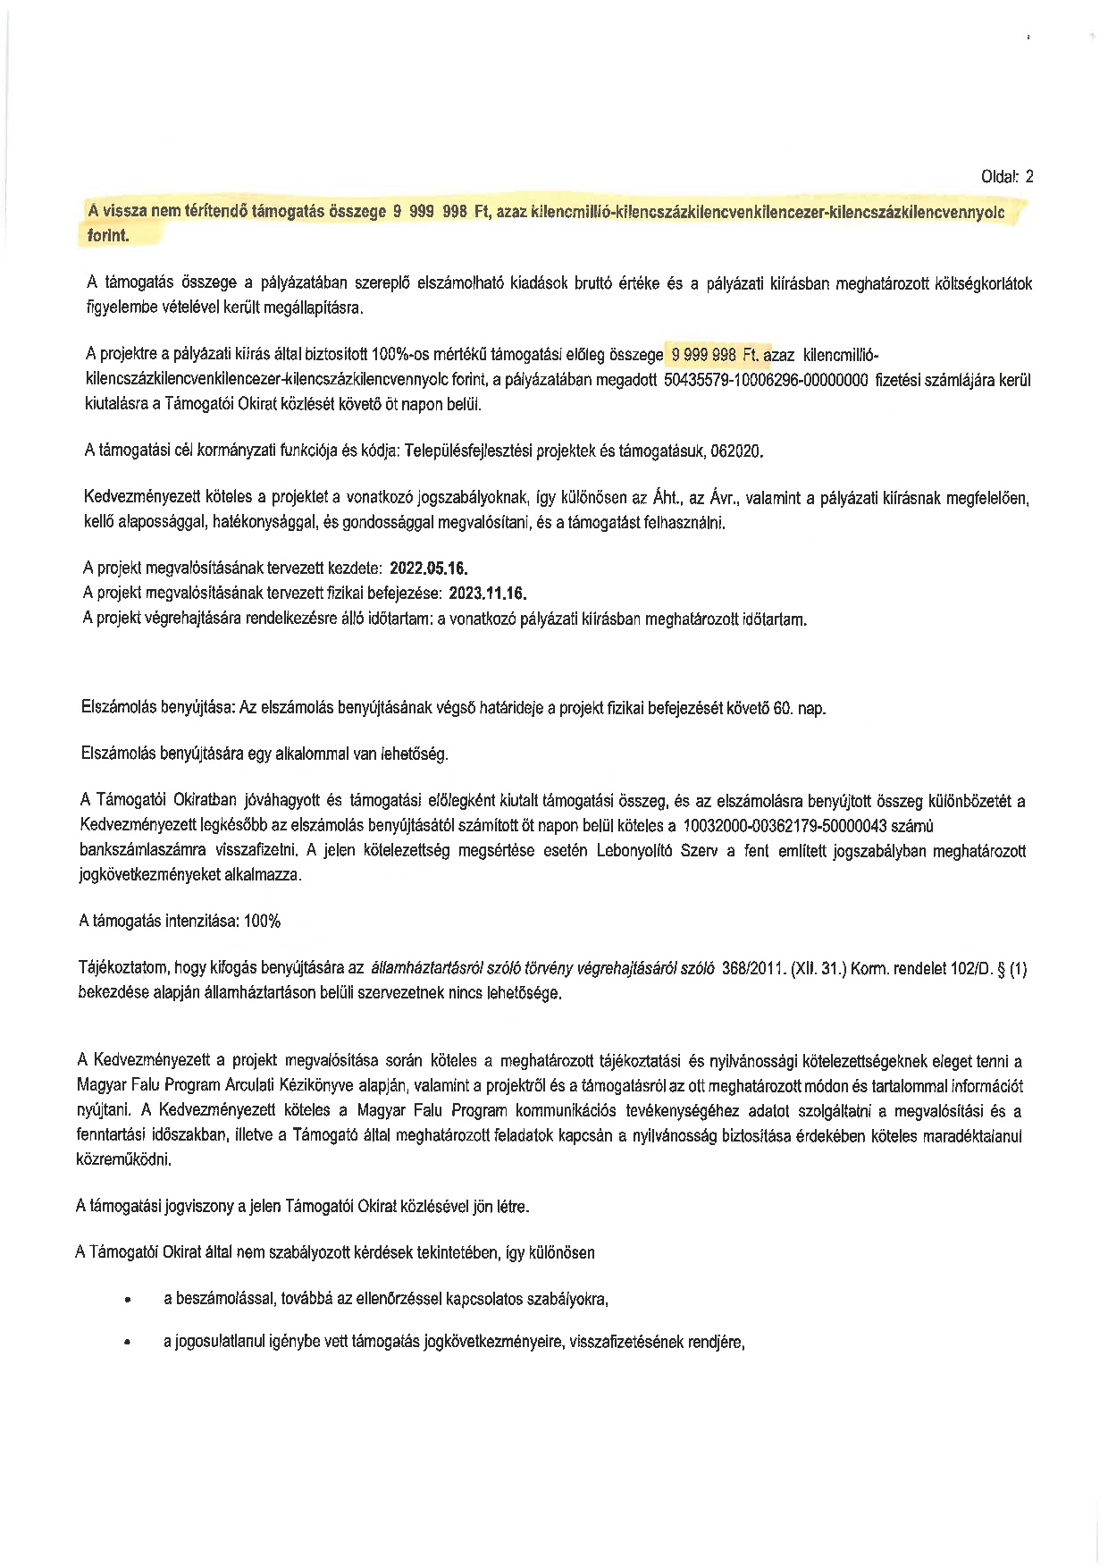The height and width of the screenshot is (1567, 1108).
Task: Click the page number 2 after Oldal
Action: [x=1028, y=176]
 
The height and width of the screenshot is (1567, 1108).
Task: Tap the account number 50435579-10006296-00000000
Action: [x=767, y=380]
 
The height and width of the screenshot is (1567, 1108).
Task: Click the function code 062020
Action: [x=737, y=451]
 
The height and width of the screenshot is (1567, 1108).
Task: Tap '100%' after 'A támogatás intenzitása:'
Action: [x=261, y=922]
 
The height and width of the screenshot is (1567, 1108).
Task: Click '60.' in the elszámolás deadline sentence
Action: [x=784, y=708]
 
